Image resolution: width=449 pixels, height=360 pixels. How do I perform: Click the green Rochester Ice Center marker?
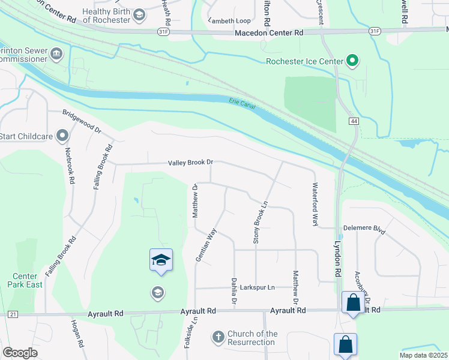[x=353, y=61]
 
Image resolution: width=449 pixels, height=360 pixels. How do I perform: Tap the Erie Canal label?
[x=243, y=104]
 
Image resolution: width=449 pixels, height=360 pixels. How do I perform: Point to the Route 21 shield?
[x=13, y=314]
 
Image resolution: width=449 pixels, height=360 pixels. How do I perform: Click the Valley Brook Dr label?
[x=191, y=163]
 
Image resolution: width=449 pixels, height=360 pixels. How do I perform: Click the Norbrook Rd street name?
[x=70, y=166]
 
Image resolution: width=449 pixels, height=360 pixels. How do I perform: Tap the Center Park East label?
[x=25, y=280]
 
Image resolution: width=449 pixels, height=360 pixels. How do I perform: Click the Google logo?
[x=20, y=352]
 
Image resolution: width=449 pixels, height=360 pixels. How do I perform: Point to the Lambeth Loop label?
[x=229, y=20]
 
